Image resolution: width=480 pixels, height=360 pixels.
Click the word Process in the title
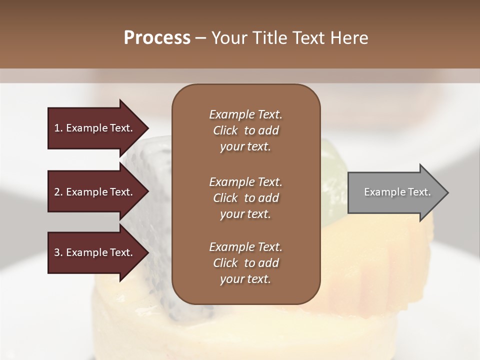(157, 37)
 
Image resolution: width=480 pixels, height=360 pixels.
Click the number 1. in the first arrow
(58, 128)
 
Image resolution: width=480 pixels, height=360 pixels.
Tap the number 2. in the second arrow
(58, 192)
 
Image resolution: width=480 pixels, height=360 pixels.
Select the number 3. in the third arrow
(58, 252)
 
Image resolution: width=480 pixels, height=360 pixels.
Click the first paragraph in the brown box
(245, 130)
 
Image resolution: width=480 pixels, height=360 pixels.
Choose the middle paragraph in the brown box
(245, 197)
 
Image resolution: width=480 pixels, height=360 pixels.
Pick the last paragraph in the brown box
(245, 263)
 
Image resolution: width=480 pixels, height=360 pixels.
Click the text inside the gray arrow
(397, 192)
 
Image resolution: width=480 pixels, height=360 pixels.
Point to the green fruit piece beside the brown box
(332, 160)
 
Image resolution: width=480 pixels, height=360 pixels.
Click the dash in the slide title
(201, 38)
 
